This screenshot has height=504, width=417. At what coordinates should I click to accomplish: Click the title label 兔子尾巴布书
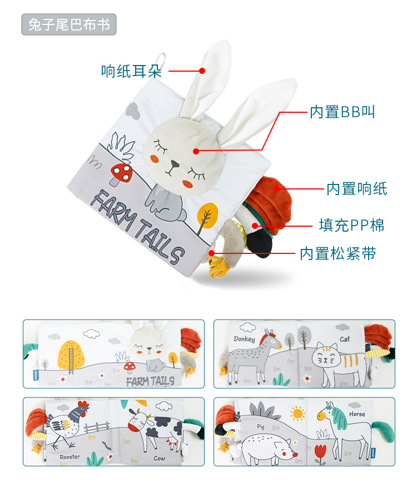point(69,25)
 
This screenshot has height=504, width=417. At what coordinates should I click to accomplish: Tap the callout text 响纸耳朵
point(131,71)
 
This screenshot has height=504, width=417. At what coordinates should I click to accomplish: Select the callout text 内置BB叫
point(342,112)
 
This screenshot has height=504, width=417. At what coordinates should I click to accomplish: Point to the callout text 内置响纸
point(356,189)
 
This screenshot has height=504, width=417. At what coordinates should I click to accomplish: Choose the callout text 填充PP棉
point(351,225)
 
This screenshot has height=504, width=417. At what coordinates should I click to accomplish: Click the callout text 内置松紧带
point(338,254)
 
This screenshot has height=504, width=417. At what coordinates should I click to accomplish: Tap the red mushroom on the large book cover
point(122,172)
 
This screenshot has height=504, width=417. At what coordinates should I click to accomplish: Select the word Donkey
point(245,339)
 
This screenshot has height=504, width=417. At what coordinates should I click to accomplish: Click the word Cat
point(345,339)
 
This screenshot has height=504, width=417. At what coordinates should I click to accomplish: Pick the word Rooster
point(70,457)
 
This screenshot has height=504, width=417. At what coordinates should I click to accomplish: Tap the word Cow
point(160,458)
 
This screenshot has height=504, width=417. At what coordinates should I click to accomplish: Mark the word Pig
point(261,426)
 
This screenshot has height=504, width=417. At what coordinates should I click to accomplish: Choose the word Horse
point(357,414)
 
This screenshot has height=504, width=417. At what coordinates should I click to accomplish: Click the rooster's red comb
point(83,406)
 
